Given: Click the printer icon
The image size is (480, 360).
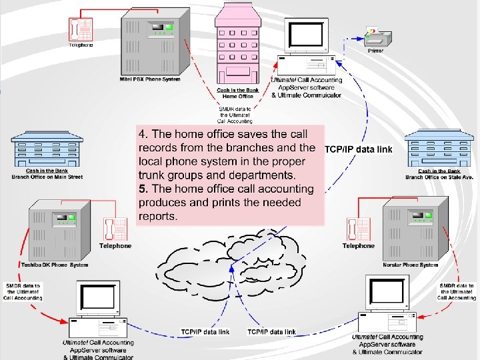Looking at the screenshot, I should click(376, 34).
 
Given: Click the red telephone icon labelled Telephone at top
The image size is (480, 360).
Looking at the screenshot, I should click(81, 29).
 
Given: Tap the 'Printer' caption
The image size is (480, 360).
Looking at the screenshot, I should click(377, 51).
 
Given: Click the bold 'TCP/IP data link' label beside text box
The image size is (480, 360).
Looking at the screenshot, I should click(358, 149).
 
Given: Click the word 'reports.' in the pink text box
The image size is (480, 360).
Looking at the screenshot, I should click(158, 216).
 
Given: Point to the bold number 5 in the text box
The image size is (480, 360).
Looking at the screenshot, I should click(142, 189).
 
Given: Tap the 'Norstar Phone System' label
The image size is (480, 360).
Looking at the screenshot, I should click(410, 265).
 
